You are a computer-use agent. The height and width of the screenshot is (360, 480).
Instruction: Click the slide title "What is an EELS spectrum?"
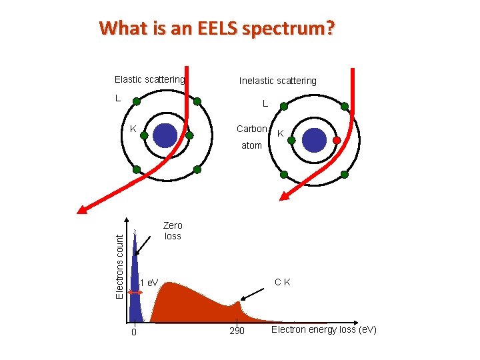tap(217, 29)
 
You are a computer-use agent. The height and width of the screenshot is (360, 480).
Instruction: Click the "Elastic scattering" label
tap(149, 79)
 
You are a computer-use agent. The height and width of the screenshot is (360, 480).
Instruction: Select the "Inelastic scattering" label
tap(278, 81)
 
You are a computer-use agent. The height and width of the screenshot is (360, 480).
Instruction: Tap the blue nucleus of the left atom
tap(165, 135)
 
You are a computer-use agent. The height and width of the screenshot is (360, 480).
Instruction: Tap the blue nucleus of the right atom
tap(314, 140)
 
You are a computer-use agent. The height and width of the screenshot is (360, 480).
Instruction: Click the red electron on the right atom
tap(337, 140)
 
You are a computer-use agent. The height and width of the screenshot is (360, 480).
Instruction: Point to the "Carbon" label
tap(252, 128)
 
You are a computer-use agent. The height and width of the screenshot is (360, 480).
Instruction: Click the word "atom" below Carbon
tap(251, 145)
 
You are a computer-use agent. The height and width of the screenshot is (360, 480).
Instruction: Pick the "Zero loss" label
tap(173, 231)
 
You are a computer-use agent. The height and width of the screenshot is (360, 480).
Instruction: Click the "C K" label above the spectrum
tap(282, 282)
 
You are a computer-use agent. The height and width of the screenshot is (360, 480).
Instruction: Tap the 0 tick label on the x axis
tap(134, 332)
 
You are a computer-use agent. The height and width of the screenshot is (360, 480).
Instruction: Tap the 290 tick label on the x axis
tap(237, 331)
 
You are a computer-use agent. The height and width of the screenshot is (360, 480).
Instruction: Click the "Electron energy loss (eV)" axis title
tap(324, 329)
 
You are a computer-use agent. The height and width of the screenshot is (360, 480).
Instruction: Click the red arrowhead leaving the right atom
tap(285, 196)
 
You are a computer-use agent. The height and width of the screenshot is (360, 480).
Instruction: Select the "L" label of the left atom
tap(117, 98)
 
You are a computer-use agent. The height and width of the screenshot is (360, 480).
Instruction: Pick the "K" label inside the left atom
tap(133, 129)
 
